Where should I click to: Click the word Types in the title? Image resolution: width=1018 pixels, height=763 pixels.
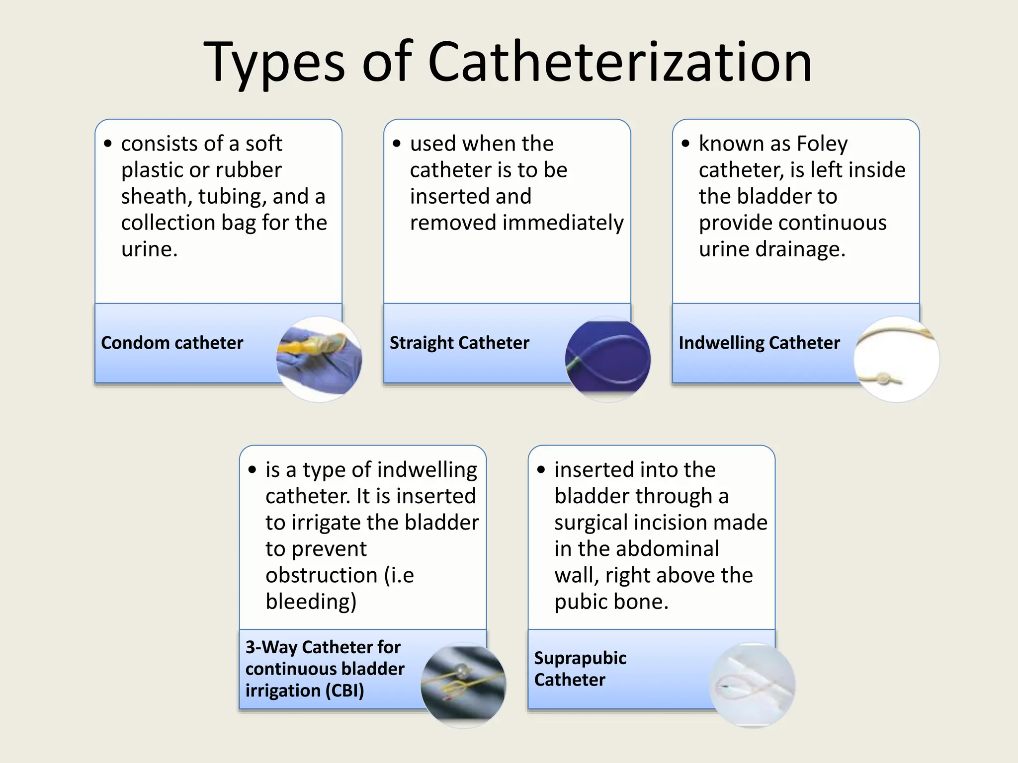(274, 64)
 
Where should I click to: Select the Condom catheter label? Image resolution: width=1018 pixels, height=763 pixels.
(172, 343)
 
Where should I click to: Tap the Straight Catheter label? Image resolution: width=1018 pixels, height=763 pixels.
(459, 343)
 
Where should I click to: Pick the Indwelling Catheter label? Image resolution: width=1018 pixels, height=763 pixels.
(759, 343)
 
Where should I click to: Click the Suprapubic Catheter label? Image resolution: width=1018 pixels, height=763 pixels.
(580, 669)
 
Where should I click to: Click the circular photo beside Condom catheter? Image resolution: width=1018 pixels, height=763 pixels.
(319, 359)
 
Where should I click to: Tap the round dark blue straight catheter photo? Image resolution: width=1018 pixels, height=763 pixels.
(608, 359)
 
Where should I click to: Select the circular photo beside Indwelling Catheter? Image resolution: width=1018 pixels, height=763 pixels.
(897, 359)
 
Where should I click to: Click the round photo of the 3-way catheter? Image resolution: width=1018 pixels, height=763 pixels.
(463, 685)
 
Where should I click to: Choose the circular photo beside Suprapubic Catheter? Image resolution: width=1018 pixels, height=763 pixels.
(752, 685)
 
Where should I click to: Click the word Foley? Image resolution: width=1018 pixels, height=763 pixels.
(823, 144)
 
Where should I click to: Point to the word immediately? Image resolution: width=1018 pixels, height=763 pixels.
(563, 223)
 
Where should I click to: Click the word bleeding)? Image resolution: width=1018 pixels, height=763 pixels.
(311, 602)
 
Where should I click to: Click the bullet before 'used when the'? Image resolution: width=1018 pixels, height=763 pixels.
(396, 144)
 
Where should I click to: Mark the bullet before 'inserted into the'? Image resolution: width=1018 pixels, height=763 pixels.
(541, 470)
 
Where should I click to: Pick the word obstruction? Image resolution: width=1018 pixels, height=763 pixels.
(322, 575)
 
